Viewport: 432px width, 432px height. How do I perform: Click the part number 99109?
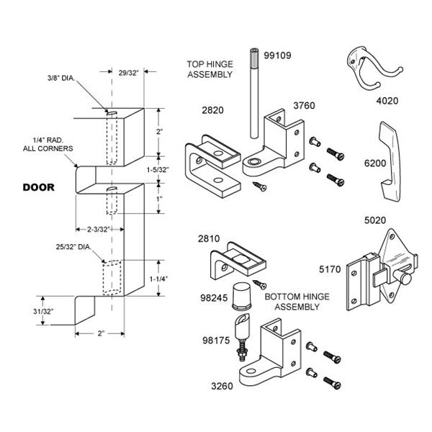[278, 54]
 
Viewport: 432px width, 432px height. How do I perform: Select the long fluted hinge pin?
[255, 94]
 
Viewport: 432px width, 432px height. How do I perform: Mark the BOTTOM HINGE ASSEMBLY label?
[291, 302]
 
